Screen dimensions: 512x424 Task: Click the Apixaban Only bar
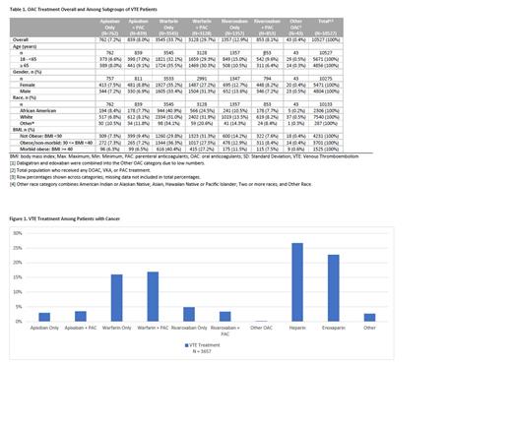[x=44, y=316]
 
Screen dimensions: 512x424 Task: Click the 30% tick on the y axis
[x=17, y=232]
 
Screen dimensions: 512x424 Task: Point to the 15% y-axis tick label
[x=17, y=276]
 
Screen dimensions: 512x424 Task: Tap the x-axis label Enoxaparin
[x=333, y=327]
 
